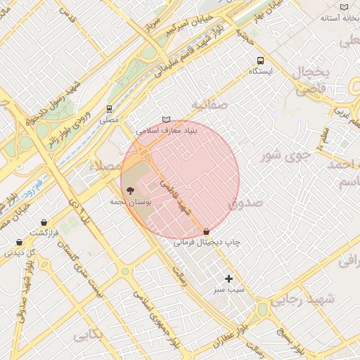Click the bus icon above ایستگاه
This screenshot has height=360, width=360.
point(261,61)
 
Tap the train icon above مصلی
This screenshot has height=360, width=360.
point(109,109)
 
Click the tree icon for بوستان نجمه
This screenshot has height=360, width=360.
point(129,190)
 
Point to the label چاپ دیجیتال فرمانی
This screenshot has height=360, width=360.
point(207,242)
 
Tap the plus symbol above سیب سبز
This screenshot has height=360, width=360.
point(229,278)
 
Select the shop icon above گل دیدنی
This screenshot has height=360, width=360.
point(19,242)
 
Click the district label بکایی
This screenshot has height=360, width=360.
point(88,334)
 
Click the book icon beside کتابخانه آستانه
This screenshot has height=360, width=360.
point(344,7)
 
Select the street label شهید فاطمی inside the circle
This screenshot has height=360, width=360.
point(176,197)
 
